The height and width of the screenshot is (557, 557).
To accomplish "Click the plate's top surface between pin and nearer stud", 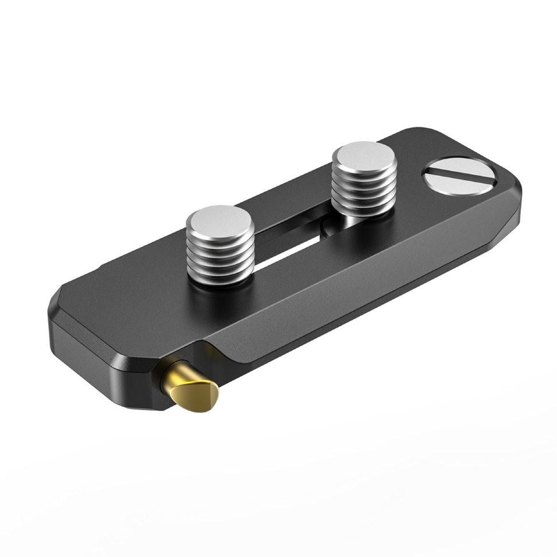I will pyautogui.click(x=149, y=310).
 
